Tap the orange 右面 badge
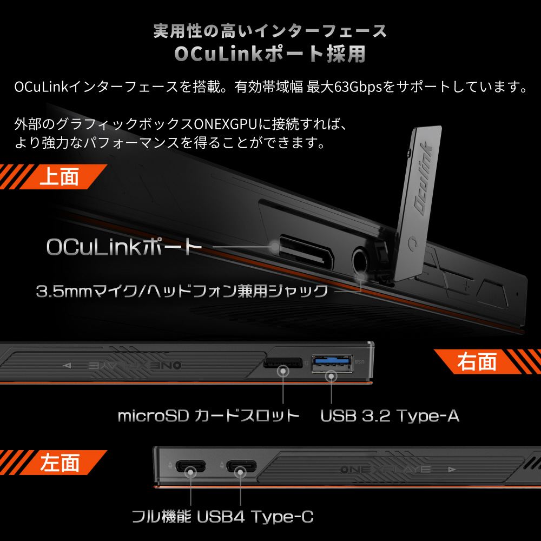click(x=486, y=361)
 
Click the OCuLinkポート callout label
click(x=124, y=247)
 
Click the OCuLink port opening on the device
click(x=305, y=252)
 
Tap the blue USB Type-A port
click(x=332, y=364)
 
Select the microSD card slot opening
click(x=283, y=363)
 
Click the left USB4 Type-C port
click(x=190, y=466)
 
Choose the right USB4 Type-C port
click(x=241, y=466)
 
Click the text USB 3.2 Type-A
click(x=390, y=415)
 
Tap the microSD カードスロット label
click(x=208, y=415)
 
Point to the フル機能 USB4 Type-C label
click(x=222, y=517)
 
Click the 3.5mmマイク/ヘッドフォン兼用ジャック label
click(x=182, y=291)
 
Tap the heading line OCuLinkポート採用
click(x=270, y=54)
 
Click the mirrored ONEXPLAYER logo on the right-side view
click(x=135, y=365)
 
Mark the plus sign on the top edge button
click(x=466, y=286)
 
